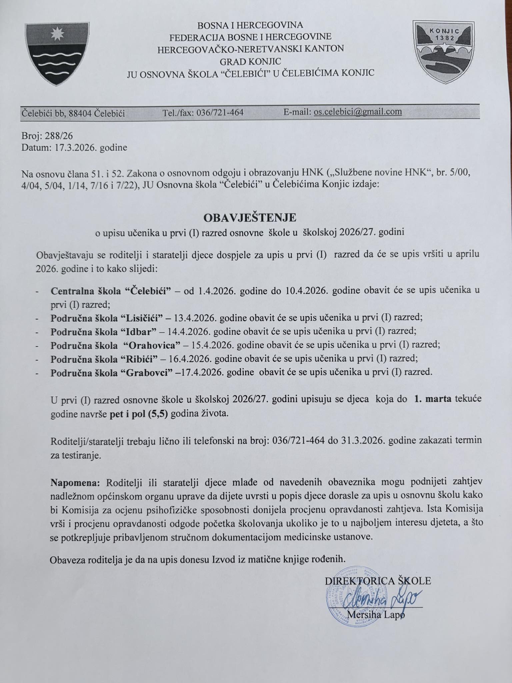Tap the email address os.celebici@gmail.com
357,112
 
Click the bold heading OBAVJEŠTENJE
250,218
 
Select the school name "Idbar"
139,331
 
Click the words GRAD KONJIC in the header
250,61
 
